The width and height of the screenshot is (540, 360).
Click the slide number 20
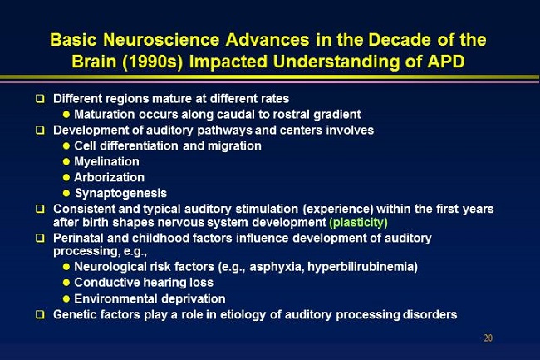point(488,338)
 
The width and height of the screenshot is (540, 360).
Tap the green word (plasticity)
point(359,223)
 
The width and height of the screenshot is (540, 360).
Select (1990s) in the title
point(152,62)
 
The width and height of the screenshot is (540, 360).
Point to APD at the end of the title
point(446,62)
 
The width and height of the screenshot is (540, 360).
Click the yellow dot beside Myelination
point(66,161)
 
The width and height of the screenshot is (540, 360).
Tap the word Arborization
point(109,177)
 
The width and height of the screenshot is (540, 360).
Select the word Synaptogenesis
point(121,193)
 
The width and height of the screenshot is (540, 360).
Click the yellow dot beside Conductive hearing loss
point(66,283)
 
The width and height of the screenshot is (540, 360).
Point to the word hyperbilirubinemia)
point(362,267)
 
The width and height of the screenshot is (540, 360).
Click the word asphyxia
point(277,267)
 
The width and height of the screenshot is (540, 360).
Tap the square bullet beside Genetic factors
point(41,314)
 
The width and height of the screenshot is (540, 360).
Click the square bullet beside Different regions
point(41,99)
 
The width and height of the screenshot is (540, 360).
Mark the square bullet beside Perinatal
point(41,238)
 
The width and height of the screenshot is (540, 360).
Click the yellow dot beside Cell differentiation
point(66,146)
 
